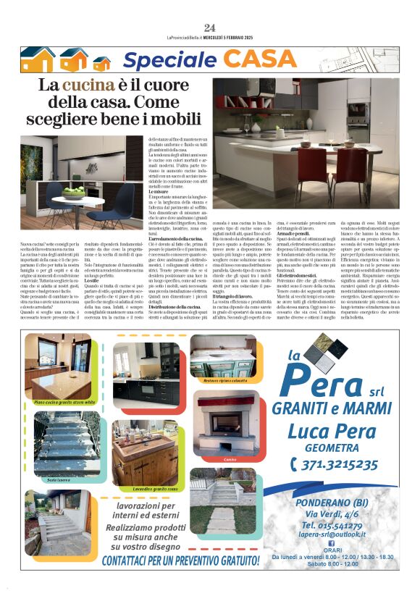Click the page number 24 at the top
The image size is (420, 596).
coord(210,28)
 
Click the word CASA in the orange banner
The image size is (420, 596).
coord(270,60)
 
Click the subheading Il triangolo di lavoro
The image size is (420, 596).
coord(234,296)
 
